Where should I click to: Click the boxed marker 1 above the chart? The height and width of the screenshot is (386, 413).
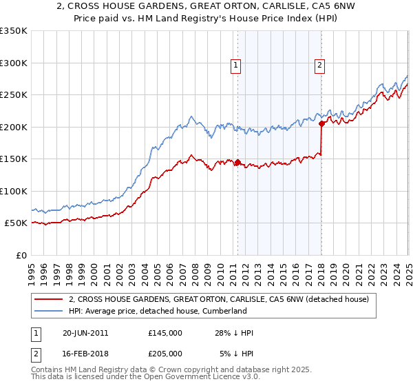[236, 65]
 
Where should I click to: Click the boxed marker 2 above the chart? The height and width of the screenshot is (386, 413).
[321, 65]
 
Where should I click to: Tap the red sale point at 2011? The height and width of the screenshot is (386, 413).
[237, 163]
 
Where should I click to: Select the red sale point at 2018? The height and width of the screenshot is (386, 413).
[321, 124]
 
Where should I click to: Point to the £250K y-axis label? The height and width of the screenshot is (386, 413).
[14, 95]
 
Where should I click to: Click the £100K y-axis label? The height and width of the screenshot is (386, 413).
[14, 191]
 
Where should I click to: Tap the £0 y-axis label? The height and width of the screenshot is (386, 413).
[21, 255]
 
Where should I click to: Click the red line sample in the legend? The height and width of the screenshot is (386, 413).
[48, 299]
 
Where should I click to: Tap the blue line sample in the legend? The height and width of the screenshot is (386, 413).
[48, 311]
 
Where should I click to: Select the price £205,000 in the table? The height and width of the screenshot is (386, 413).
[165, 353]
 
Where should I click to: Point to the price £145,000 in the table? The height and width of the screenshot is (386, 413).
[165, 333]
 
